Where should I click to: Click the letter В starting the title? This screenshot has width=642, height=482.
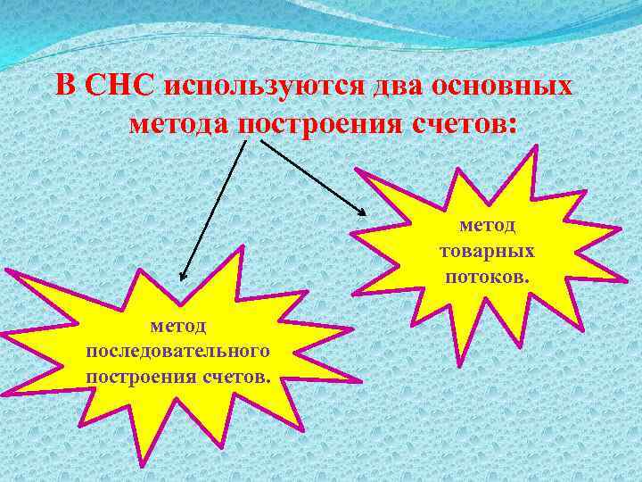(x=65, y=87)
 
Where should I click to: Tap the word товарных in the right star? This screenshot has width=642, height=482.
(x=487, y=252)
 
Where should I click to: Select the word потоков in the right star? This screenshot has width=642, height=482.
(x=486, y=276)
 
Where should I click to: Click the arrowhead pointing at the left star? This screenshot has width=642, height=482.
(x=181, y=278)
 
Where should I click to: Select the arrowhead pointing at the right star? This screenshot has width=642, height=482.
(x=362, y=212)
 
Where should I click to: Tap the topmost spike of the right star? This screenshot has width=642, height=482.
(x=535, y=148)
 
